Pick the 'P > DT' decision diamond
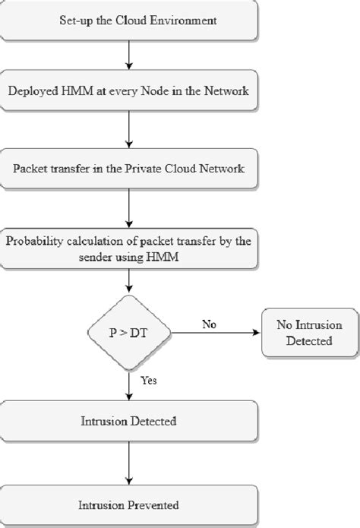128,331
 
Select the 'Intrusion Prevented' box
128,504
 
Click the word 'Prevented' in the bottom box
152,504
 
